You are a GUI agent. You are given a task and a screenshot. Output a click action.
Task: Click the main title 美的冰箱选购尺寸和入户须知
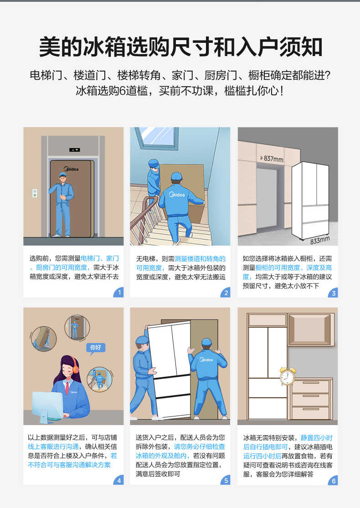point(180,47)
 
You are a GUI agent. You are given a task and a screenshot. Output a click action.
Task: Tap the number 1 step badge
point(119,292)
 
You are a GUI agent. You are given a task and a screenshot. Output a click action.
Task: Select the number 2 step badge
point(226,292)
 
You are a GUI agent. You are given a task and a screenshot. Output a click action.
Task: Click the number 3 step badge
point(333,292)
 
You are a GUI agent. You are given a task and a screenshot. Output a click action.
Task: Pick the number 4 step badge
point(119,480)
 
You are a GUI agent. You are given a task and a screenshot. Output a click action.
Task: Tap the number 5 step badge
point(226,480)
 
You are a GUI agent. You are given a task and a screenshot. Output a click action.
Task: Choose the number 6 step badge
point(333,480)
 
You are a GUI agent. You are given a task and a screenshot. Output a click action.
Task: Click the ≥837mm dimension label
point(272,159)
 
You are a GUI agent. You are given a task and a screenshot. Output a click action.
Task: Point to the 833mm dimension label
point(319,240)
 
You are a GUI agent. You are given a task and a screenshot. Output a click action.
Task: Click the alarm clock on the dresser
point(287,376)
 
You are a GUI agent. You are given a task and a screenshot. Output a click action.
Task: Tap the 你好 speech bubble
point(96,347)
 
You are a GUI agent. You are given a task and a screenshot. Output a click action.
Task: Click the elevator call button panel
point(34,193)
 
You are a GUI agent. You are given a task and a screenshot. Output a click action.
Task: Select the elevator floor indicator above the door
point(74,149)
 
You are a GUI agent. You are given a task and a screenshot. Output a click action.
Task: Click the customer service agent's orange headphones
point(75,365)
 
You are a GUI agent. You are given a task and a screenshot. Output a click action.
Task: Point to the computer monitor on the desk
point(47,405)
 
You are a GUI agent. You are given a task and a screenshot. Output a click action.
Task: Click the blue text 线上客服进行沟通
point(53,446)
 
